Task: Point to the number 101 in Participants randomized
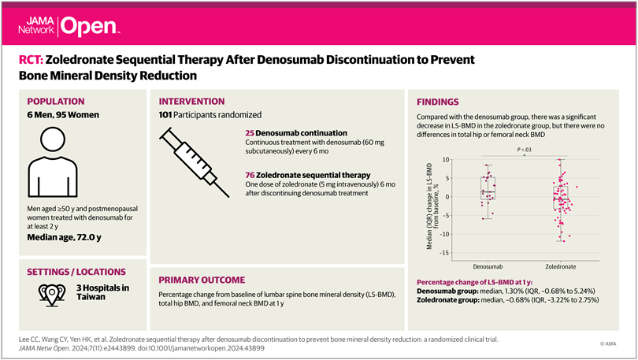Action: [169, 115]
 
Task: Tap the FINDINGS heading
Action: [438, 102]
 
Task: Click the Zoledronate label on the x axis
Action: [561, 266]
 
